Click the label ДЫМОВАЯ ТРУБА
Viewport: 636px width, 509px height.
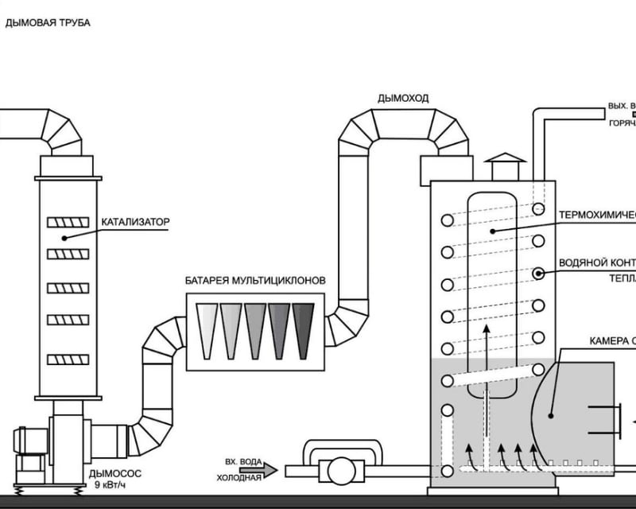click(48, 23)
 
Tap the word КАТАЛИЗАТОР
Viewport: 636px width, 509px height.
click(135, 222)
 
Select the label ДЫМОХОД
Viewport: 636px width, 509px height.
click(403, 99)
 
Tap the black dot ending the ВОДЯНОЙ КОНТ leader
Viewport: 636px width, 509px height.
click(539, 274)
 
